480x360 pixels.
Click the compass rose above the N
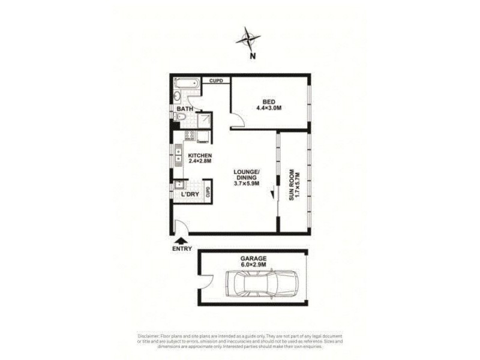248,40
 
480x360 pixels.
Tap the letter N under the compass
253,56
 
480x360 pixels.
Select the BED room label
268,101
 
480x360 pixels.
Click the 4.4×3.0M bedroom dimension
269,108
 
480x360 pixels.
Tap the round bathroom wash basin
178,97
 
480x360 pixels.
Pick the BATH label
184,109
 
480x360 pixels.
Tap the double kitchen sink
178,157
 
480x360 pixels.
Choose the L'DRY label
182,195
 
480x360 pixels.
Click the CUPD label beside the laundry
208,191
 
